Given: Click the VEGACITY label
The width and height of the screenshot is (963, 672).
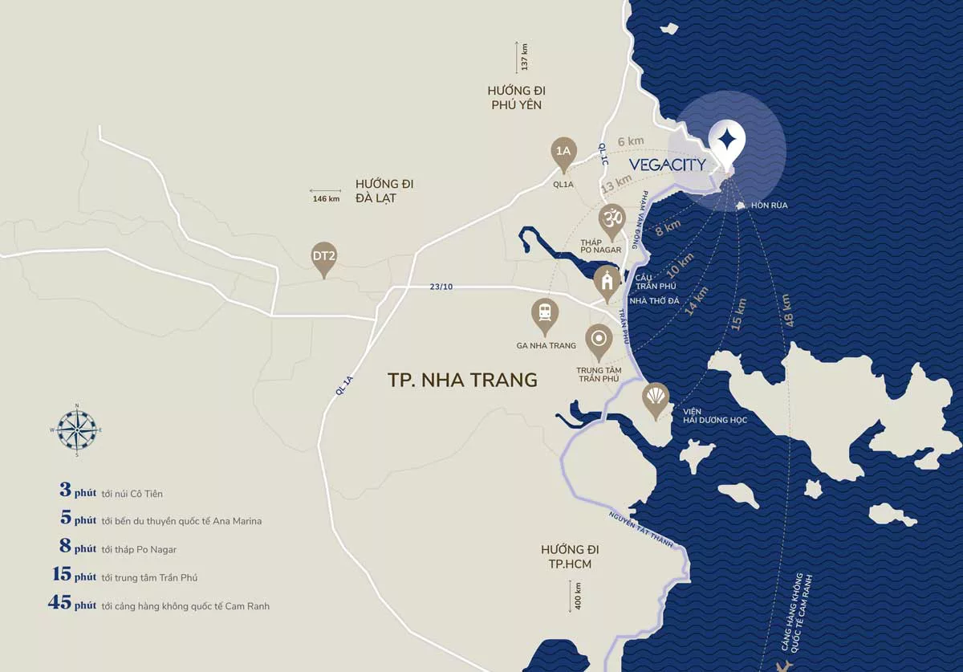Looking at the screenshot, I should [667, 165].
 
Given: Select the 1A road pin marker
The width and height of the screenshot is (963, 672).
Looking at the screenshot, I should [564, 152].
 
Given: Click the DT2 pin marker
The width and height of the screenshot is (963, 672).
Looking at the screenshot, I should [324, 257].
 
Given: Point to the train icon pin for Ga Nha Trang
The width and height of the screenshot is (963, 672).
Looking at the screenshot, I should [545, 314].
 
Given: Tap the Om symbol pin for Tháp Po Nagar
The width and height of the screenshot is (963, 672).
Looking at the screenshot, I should [612, 219].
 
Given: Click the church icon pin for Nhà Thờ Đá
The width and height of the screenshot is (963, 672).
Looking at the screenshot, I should [607, 281].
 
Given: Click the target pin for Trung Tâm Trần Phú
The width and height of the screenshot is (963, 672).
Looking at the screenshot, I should [599, 340].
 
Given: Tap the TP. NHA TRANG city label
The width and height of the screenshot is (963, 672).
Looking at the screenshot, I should [463, 380].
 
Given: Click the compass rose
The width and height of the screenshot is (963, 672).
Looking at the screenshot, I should [77, 430].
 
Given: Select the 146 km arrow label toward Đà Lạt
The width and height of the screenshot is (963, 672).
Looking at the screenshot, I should [325, 197].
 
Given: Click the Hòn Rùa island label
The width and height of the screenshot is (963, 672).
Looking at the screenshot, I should [768, 206].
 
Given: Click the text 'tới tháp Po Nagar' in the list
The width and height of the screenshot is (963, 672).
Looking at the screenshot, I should [139, 549].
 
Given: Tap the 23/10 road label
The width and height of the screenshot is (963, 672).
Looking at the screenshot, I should [441, 287].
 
